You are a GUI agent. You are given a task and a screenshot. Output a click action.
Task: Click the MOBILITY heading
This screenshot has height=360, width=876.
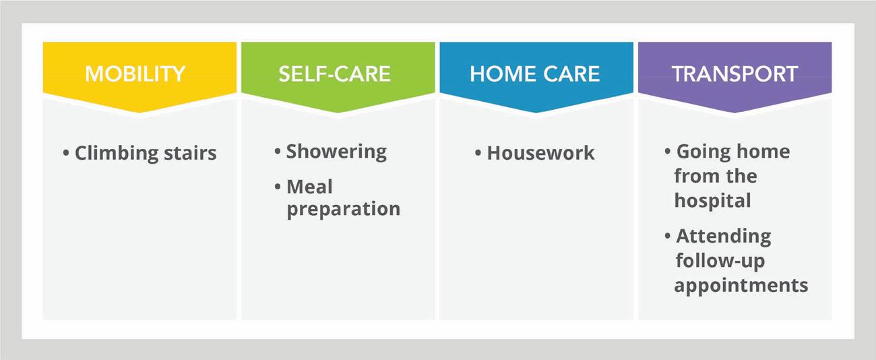tap(135, 74)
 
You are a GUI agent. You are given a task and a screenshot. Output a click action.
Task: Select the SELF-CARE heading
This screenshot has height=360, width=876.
tap(335, 74)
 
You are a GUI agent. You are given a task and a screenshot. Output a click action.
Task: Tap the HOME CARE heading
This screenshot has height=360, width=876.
tap(534, 74)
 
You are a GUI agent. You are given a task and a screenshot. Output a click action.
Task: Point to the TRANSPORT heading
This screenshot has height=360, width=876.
tap(734, 74)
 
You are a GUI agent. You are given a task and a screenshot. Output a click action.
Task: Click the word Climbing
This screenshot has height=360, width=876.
tap(116, 154)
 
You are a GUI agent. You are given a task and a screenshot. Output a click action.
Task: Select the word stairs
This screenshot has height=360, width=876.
tap(190, 153)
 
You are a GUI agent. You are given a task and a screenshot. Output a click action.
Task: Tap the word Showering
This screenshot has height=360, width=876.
tap(336, 152)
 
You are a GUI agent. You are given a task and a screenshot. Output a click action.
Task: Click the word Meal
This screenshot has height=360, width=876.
tap(309, 187)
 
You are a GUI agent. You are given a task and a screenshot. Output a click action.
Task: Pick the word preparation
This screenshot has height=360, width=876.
tap(344, 210)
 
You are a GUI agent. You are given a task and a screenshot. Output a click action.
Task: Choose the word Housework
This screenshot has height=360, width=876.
tap(540, 153)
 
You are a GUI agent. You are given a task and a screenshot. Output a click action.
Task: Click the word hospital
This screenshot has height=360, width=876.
tap(712, 201)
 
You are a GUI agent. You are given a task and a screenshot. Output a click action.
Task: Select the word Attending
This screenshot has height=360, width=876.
tap(724, 237)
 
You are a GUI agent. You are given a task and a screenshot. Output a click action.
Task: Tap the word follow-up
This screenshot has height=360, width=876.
tap(720, 261)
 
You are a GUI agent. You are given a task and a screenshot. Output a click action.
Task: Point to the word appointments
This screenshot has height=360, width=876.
tap(741, 285)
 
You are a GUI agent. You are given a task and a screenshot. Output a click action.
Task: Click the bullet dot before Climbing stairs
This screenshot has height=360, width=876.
tap(66, 153)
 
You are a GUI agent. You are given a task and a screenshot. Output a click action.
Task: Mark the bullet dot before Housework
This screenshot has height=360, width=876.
tap(478, 153)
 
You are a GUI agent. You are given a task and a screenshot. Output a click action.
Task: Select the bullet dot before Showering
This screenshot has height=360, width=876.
tap(278, 151)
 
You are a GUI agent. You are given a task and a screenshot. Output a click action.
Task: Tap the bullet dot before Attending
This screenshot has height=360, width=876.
tap(668, 236)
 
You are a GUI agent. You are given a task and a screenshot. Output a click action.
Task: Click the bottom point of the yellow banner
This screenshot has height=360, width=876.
tap(139, 113)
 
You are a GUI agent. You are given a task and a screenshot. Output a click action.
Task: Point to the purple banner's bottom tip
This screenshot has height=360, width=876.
tap(734, 113)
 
